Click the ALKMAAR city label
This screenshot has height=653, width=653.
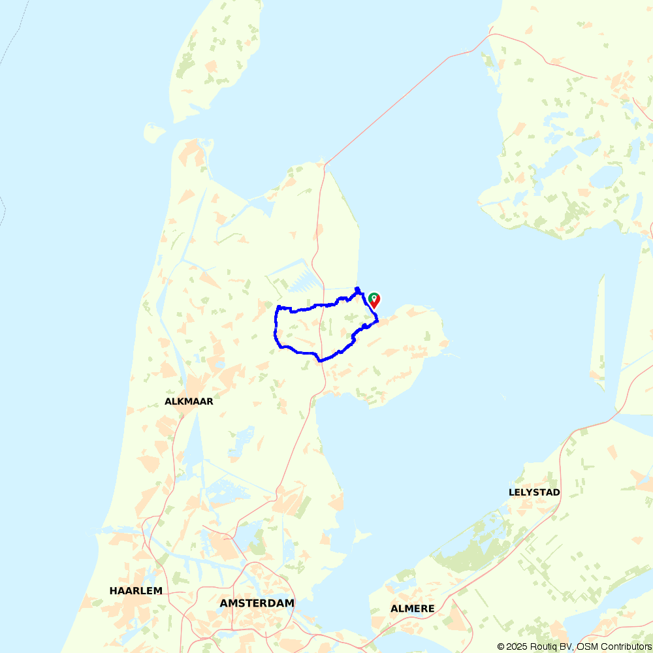189,402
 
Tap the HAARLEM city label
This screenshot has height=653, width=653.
136,591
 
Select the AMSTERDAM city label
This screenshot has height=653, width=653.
257,603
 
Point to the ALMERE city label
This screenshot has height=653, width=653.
412,609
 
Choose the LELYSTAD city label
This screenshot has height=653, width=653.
534,492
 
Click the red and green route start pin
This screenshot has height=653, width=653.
374,300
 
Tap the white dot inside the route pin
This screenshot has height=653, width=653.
374,298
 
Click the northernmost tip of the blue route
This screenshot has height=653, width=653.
357,288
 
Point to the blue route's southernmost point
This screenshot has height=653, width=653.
319,360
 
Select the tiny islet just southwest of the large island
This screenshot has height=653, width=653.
154,133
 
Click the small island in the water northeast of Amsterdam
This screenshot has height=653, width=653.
358,535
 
